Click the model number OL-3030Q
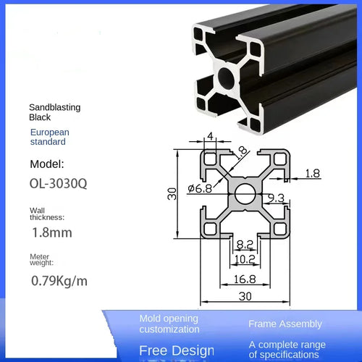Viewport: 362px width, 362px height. click(x=58, y=184)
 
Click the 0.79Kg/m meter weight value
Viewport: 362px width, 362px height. click(x=59, y=280)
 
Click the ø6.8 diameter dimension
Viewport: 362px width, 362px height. click(x=199, y=189)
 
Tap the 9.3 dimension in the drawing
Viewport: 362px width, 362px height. click(x=276, y=197)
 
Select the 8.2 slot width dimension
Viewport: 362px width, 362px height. click(x=245, y=246)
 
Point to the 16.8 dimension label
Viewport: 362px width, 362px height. click(x=245, y=279)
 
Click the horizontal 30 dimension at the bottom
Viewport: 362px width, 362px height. click(x=245, y=296)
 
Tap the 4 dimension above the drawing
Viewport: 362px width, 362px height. click(x=211, y=136)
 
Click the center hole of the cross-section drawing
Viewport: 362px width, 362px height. click(x=245, y=193)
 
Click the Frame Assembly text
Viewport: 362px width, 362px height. click(x=285, y=324)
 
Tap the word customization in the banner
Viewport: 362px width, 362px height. click(x=169, y=329)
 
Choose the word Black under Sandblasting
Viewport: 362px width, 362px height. click(x=40, y=117)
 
